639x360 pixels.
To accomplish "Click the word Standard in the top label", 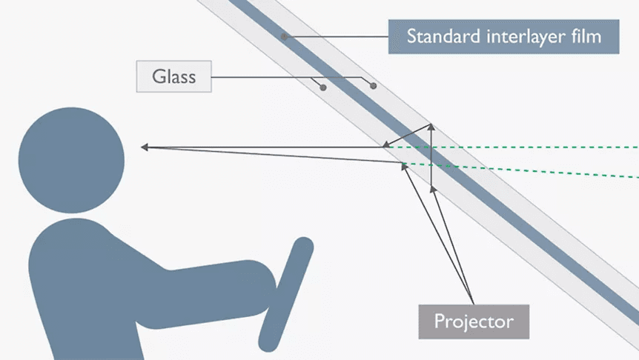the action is click(x=438, y=36).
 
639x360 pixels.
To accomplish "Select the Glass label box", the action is click(x=173, y=76).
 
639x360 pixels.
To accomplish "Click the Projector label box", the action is click(x=474, y=321).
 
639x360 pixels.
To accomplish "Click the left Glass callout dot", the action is click(x=322, y=87).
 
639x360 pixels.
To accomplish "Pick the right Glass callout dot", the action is click(x=373, y=87).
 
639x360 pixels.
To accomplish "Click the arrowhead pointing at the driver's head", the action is click(x=145, y=147).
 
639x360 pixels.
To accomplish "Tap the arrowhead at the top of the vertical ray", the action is click(x=431, y=127).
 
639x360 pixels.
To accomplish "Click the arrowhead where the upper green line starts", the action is click(x=388, y=147).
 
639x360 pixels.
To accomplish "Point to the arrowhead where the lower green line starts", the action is click(x=404, y=164).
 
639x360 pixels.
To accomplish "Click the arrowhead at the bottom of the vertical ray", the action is click(x=431, y=187).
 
